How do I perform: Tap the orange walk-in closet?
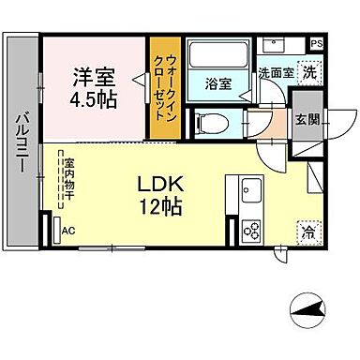(163, 89)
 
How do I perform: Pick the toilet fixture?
(214, 122)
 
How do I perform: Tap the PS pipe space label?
(316, 42)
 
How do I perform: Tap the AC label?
(67, 230)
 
